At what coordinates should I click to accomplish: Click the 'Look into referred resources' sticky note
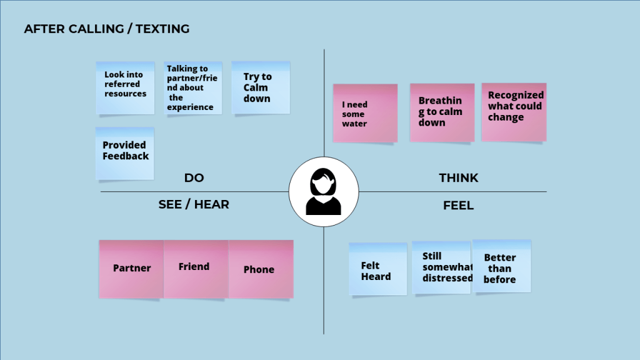125,87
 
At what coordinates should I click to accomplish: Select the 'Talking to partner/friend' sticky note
193,88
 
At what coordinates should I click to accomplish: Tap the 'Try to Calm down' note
261,87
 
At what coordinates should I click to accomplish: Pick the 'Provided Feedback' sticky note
125,153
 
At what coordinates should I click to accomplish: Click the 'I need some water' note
365,113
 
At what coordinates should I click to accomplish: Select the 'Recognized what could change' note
514,111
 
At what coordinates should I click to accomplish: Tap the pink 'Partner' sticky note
131,269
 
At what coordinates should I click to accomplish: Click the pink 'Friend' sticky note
195,267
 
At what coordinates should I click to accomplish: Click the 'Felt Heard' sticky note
377,269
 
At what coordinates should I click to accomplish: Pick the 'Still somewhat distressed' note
441,267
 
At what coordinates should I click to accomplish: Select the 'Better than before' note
501,266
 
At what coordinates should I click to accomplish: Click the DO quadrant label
194,178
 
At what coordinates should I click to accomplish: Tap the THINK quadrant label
458,178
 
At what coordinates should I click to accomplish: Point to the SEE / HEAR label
194,204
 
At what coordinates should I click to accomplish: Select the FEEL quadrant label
458,205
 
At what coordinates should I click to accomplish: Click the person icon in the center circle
324,192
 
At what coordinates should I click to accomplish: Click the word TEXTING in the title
161,29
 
